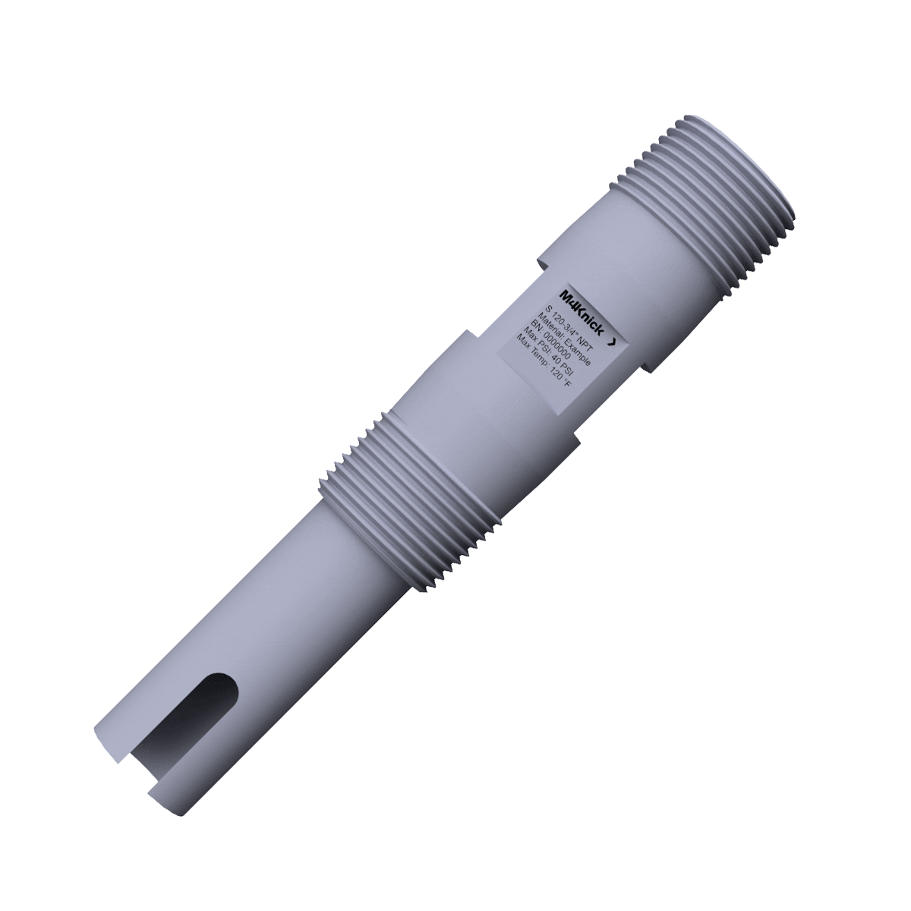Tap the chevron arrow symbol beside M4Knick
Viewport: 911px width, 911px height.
(612, 342)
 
